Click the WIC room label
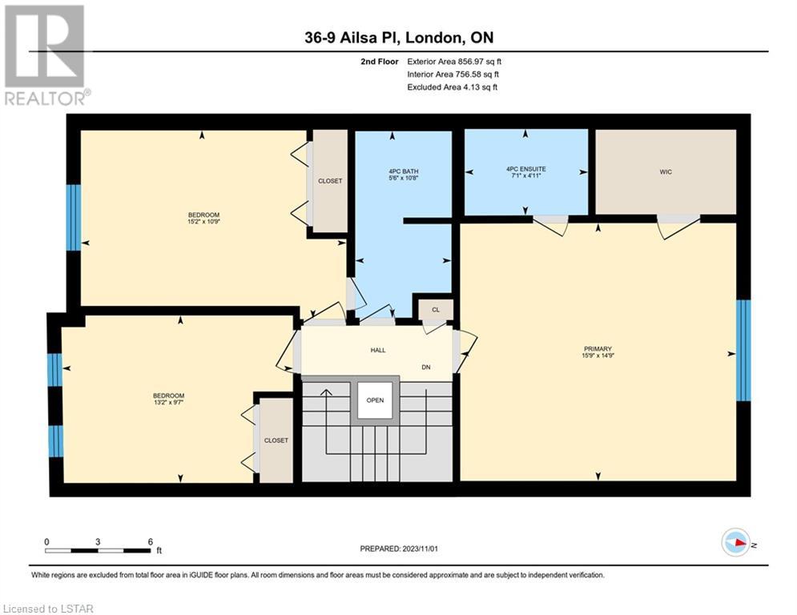[x=666, y=172]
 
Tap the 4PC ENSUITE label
[x=526, y=169]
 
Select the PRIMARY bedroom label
[x=598, y=348]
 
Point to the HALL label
[x=377, y=350]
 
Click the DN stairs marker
[x=426, y=367]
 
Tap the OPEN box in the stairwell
[x=375, y=400]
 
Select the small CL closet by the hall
[x=436, y=310]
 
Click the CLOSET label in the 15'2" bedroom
[x=330, y=181]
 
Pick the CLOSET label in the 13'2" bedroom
[x=276, y=440]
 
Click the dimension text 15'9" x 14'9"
[x=598, y=356]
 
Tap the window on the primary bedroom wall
[x=743, y=350]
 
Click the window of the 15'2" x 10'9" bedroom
[x=74, y=218]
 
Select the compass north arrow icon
[x=736, y=542]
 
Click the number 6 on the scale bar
[x=151, y=542]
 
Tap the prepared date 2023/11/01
[x=420, y=549]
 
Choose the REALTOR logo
[x=46, y=55]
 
